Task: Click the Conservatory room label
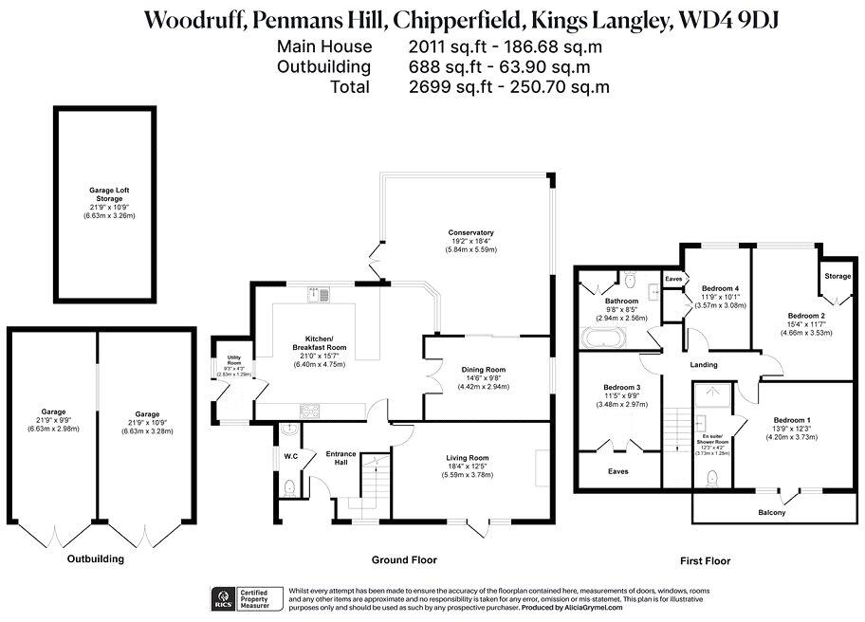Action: coord(471,232)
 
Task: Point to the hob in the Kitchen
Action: coord(310,411)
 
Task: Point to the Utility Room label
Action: coord(232,359)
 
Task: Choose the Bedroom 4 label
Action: coord(720,288)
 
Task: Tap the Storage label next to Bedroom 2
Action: coord(837,276)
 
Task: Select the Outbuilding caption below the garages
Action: coord(95,558)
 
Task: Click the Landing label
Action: coord(703,364)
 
